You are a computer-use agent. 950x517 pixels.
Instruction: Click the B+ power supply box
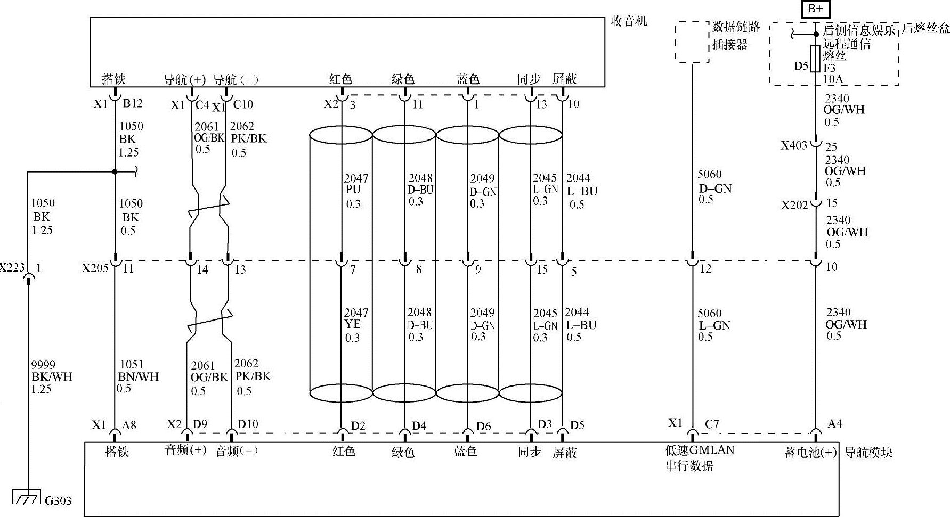coord(815,9)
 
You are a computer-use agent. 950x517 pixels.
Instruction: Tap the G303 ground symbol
coord(26,496)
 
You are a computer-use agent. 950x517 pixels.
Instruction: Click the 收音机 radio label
coord(629,21)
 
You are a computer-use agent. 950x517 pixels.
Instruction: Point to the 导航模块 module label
coord(868,453)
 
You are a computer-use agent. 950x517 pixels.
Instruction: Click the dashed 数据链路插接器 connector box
coord(692,42)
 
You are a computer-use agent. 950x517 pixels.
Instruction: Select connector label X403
coord(794,145)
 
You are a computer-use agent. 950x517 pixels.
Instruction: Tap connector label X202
coord(794,205)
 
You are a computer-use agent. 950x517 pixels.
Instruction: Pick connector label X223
coord(12,267)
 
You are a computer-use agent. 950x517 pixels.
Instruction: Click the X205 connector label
coord(95,268)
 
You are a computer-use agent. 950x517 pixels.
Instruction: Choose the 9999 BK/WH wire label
coord(51,376)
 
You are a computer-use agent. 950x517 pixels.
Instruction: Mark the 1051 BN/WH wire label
coord(138,376)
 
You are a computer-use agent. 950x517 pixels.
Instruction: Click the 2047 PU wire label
coord(355,191)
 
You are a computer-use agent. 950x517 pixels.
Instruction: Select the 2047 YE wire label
coord(355,325)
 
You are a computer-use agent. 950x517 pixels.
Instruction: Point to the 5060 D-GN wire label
coord(714,186)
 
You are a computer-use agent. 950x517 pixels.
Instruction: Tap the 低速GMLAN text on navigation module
coord(700,450)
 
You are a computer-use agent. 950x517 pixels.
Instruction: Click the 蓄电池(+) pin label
coord(810,453)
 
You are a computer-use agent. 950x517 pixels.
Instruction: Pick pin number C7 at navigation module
coord(712,424)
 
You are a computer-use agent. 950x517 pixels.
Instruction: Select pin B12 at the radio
coord(133,103)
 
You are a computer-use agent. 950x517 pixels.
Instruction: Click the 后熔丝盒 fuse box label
coord(926,28)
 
